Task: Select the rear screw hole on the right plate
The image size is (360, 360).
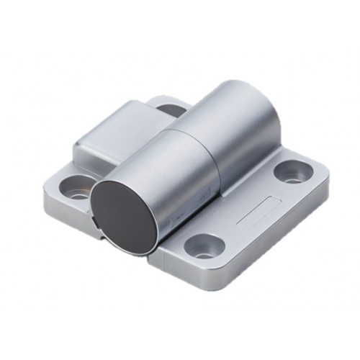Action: (292, 171)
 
